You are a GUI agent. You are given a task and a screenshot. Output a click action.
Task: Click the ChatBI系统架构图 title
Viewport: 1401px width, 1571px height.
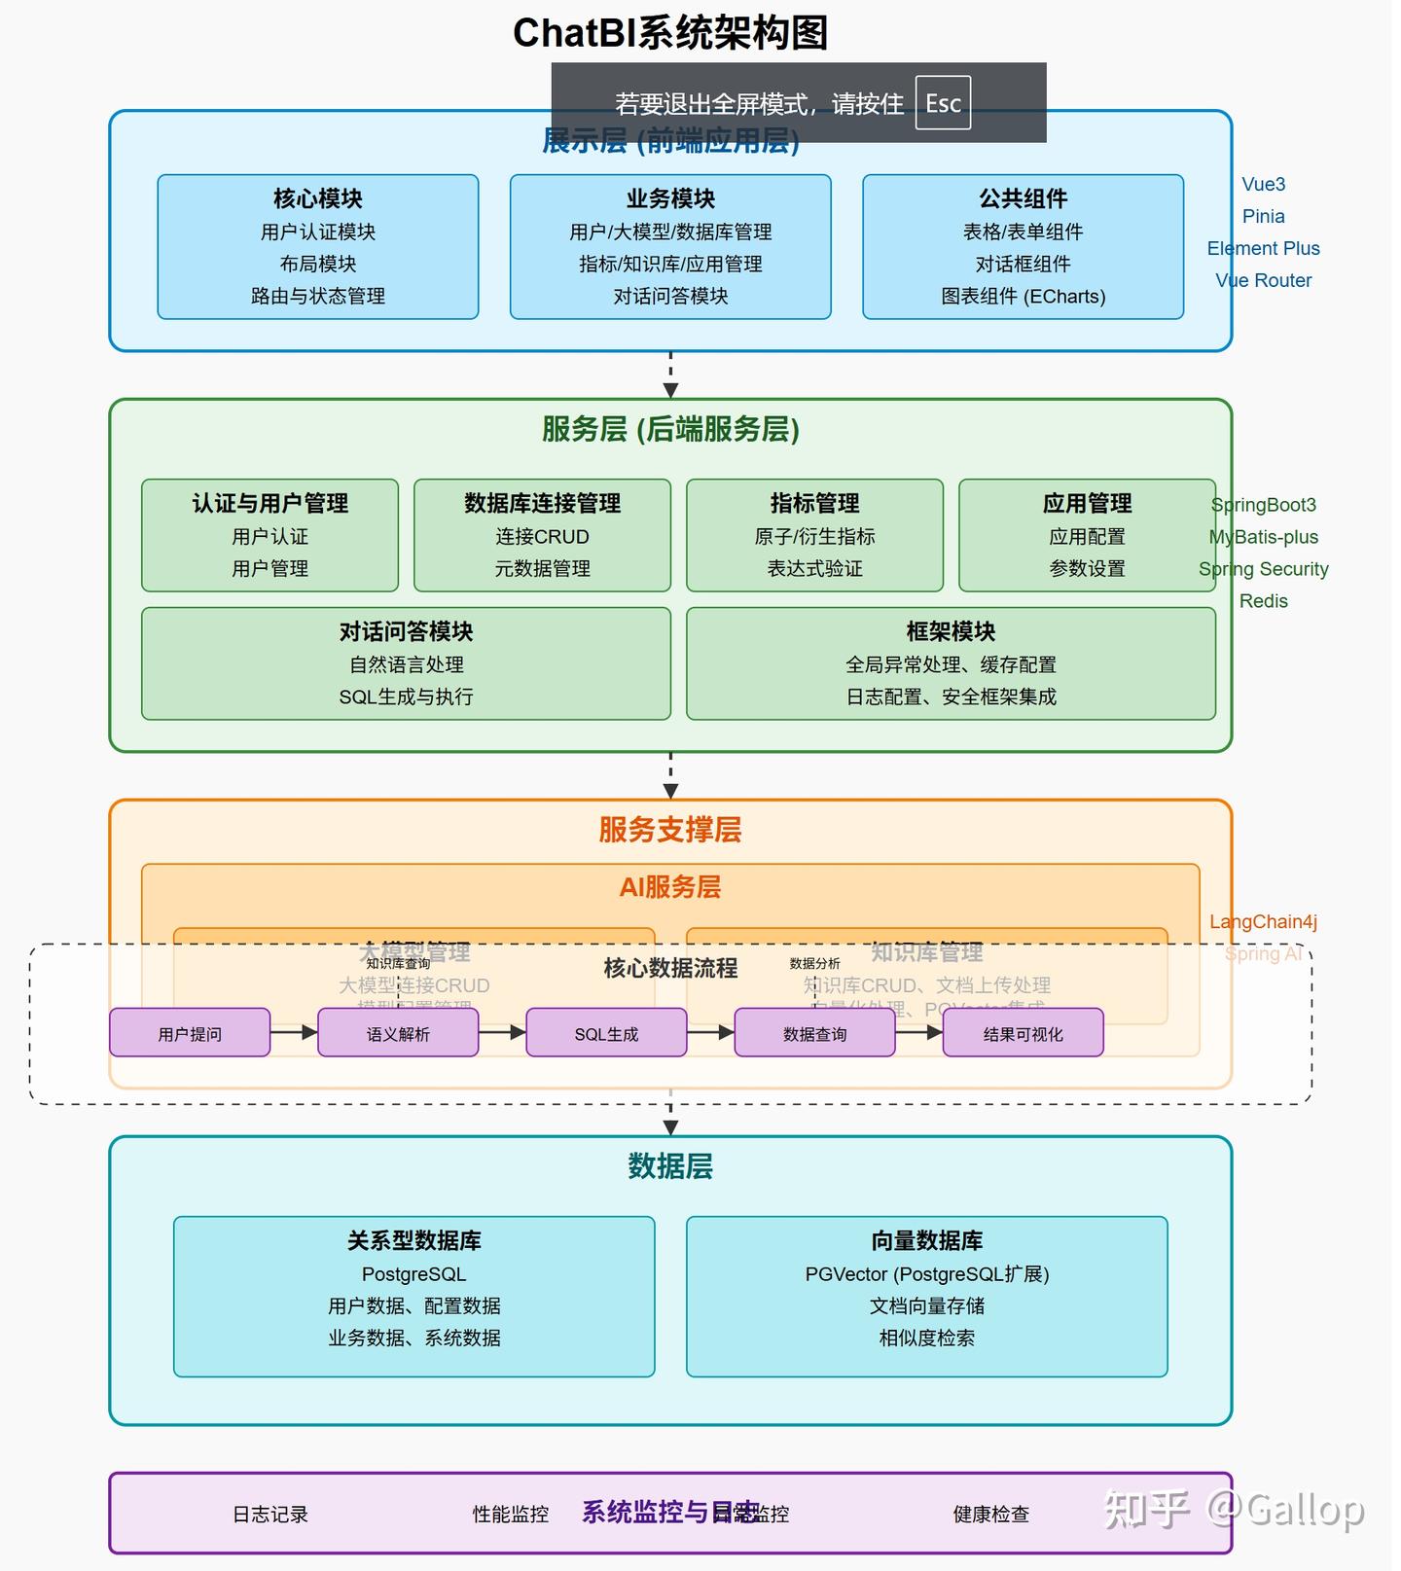coord(670,34)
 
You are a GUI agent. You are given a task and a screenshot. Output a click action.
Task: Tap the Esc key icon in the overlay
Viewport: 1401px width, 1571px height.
coord(943,103)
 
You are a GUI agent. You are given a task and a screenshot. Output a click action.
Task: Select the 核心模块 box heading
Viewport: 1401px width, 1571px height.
coord(318,198)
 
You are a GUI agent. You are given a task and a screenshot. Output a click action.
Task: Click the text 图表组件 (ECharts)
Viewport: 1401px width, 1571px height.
coord(1023,296)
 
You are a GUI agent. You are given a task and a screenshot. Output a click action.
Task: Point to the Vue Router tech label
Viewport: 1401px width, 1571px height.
coord(1263,280)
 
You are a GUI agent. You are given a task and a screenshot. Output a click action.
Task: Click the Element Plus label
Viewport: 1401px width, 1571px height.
coord(1263,248)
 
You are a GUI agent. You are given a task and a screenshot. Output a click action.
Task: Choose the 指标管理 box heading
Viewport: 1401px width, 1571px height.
coord(814,503)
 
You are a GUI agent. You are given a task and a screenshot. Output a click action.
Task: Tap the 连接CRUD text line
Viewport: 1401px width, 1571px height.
coord(542,536)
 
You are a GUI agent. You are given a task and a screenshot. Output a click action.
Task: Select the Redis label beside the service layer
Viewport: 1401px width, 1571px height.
coord(1263,601)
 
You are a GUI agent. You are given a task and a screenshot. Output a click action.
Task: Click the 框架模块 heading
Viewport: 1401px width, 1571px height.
coord(951,631)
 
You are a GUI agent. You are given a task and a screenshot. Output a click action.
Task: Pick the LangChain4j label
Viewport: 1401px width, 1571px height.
coord(1263,922)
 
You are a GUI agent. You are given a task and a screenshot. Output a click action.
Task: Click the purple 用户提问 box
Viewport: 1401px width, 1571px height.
coord(190,1033)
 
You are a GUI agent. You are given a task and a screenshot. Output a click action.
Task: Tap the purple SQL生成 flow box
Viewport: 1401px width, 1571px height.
coord(606,1033)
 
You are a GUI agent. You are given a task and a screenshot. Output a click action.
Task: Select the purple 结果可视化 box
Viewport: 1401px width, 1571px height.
coord(1023,1033)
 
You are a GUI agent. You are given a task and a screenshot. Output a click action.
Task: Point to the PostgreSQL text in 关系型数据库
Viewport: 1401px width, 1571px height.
coord(413,1274)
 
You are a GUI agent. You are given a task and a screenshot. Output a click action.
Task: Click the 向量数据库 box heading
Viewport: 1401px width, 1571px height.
coord(926,1240)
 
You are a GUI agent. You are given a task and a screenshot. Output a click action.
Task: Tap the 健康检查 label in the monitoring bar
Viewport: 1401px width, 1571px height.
coord(990,1514)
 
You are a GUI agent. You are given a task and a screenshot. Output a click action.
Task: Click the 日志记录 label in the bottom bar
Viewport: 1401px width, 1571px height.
coord(269,1514)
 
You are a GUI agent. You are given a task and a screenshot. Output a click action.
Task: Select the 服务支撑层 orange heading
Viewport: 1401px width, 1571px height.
coord(670,830)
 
